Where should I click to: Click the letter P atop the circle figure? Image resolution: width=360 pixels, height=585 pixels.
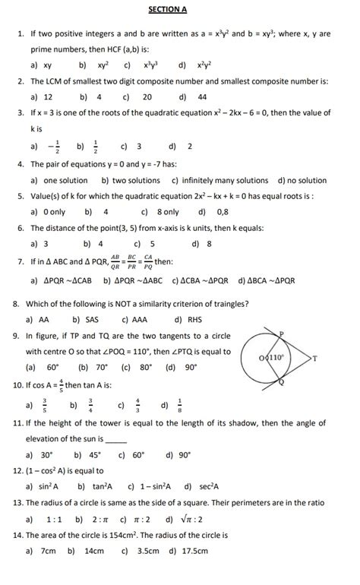[280, 333]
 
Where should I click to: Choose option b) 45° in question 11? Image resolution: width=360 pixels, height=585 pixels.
[87, 455]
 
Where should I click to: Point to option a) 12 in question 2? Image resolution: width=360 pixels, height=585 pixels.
[42, 97]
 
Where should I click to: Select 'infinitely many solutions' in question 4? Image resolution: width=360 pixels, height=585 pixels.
[220, 181]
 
